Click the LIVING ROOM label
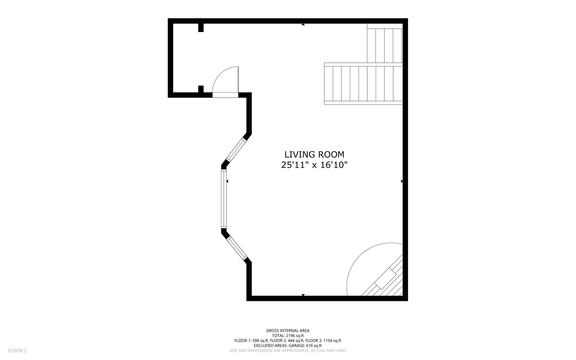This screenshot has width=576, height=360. pos(314,155)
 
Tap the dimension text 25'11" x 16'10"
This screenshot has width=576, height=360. pos(314,165)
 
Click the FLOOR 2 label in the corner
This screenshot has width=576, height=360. pos(17,351)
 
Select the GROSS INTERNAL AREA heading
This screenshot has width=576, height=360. pos(288,331)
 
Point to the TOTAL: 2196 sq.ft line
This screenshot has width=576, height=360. pos(288,336)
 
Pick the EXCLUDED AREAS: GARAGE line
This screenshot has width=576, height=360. pos(288,346)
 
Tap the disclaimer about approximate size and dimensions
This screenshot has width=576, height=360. pos(288,351)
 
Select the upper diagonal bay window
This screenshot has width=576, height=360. pos(236,150)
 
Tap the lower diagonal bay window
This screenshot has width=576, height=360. pos(237,248)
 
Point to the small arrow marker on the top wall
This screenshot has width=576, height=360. pos(303,24)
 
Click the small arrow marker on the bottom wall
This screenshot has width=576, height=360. pos(303,295)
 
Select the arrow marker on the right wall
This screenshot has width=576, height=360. pos(402,181)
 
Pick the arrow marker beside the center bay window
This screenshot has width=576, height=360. pos(227,181)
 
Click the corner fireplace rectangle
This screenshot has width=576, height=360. pos(386,279)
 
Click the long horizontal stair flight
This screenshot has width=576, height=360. pos(363,84)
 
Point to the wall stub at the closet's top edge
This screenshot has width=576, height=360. pos(201,28)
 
